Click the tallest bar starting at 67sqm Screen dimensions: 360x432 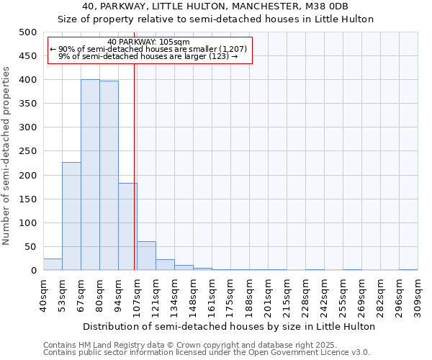90,175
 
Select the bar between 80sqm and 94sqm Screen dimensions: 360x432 109,176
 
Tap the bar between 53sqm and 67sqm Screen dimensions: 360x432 71,216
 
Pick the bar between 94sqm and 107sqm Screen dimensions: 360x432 127,227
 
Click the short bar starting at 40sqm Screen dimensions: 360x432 53,264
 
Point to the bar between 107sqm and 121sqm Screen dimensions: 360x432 146,256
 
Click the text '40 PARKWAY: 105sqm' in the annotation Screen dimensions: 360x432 148,42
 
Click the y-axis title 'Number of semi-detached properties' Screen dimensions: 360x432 6,156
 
